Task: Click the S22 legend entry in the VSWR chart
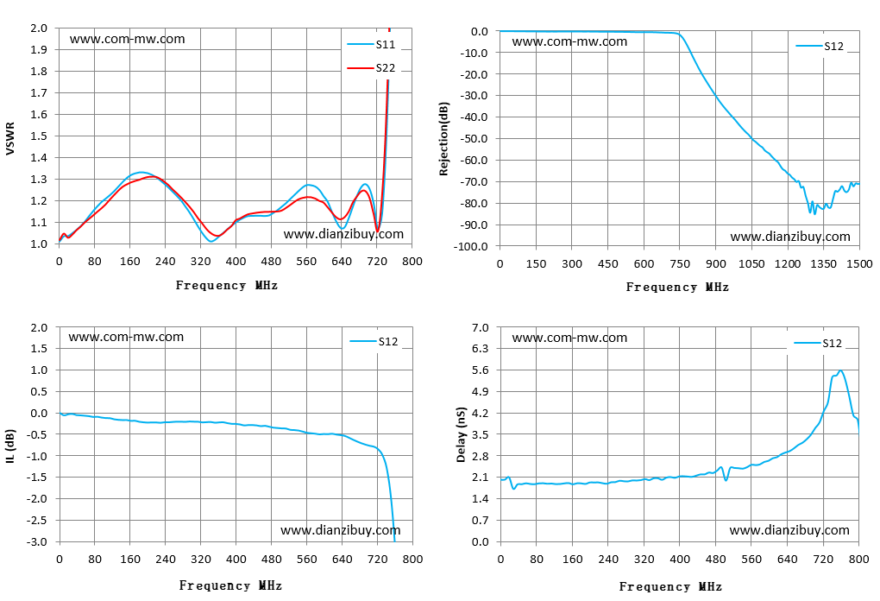click(x=371, y=68)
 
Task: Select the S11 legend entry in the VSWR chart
click(x=371, y=44)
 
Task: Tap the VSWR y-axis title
click(x=9, y=139)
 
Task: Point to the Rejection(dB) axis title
click(x=444, y=139)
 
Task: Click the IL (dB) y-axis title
click(x=10, y=446)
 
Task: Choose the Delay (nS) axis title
click(x=462, y=434)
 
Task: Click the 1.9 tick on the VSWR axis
click(x=39, y=49)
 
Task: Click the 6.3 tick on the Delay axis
click(x=480, y=348)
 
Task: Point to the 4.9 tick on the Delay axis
click(x=480, y=391)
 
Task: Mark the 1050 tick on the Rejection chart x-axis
click(x=751, y=264)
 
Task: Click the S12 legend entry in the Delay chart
click(x=818, y=343)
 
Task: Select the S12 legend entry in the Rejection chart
click(x=820, y=46)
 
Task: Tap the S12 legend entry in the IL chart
click(x=374, y=341)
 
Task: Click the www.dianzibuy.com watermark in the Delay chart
click(x=789, y=530)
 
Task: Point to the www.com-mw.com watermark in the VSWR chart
click(x=128, y=39)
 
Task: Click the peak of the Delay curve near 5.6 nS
click(x=840, y=370)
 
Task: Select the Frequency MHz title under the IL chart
click(x=230, y=585)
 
